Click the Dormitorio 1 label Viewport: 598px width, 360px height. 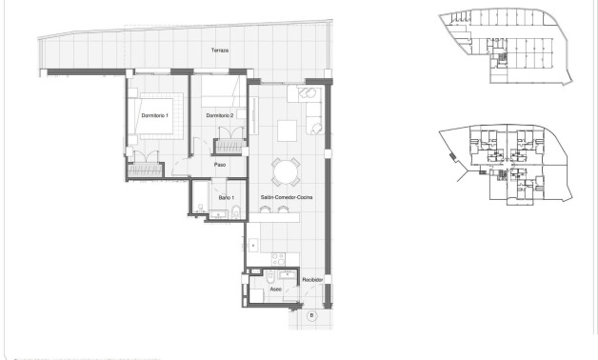click(154, 115)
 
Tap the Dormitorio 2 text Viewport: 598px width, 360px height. click(220, 115)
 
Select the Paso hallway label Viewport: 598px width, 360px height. click(219, 164)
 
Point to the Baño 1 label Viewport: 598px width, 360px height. click(226, 197)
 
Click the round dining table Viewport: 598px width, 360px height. click(285, 171)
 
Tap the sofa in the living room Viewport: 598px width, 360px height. click(313, 113)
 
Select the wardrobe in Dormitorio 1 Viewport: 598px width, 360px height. click(148, 169)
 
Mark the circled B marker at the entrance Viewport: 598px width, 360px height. click(311, 315)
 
